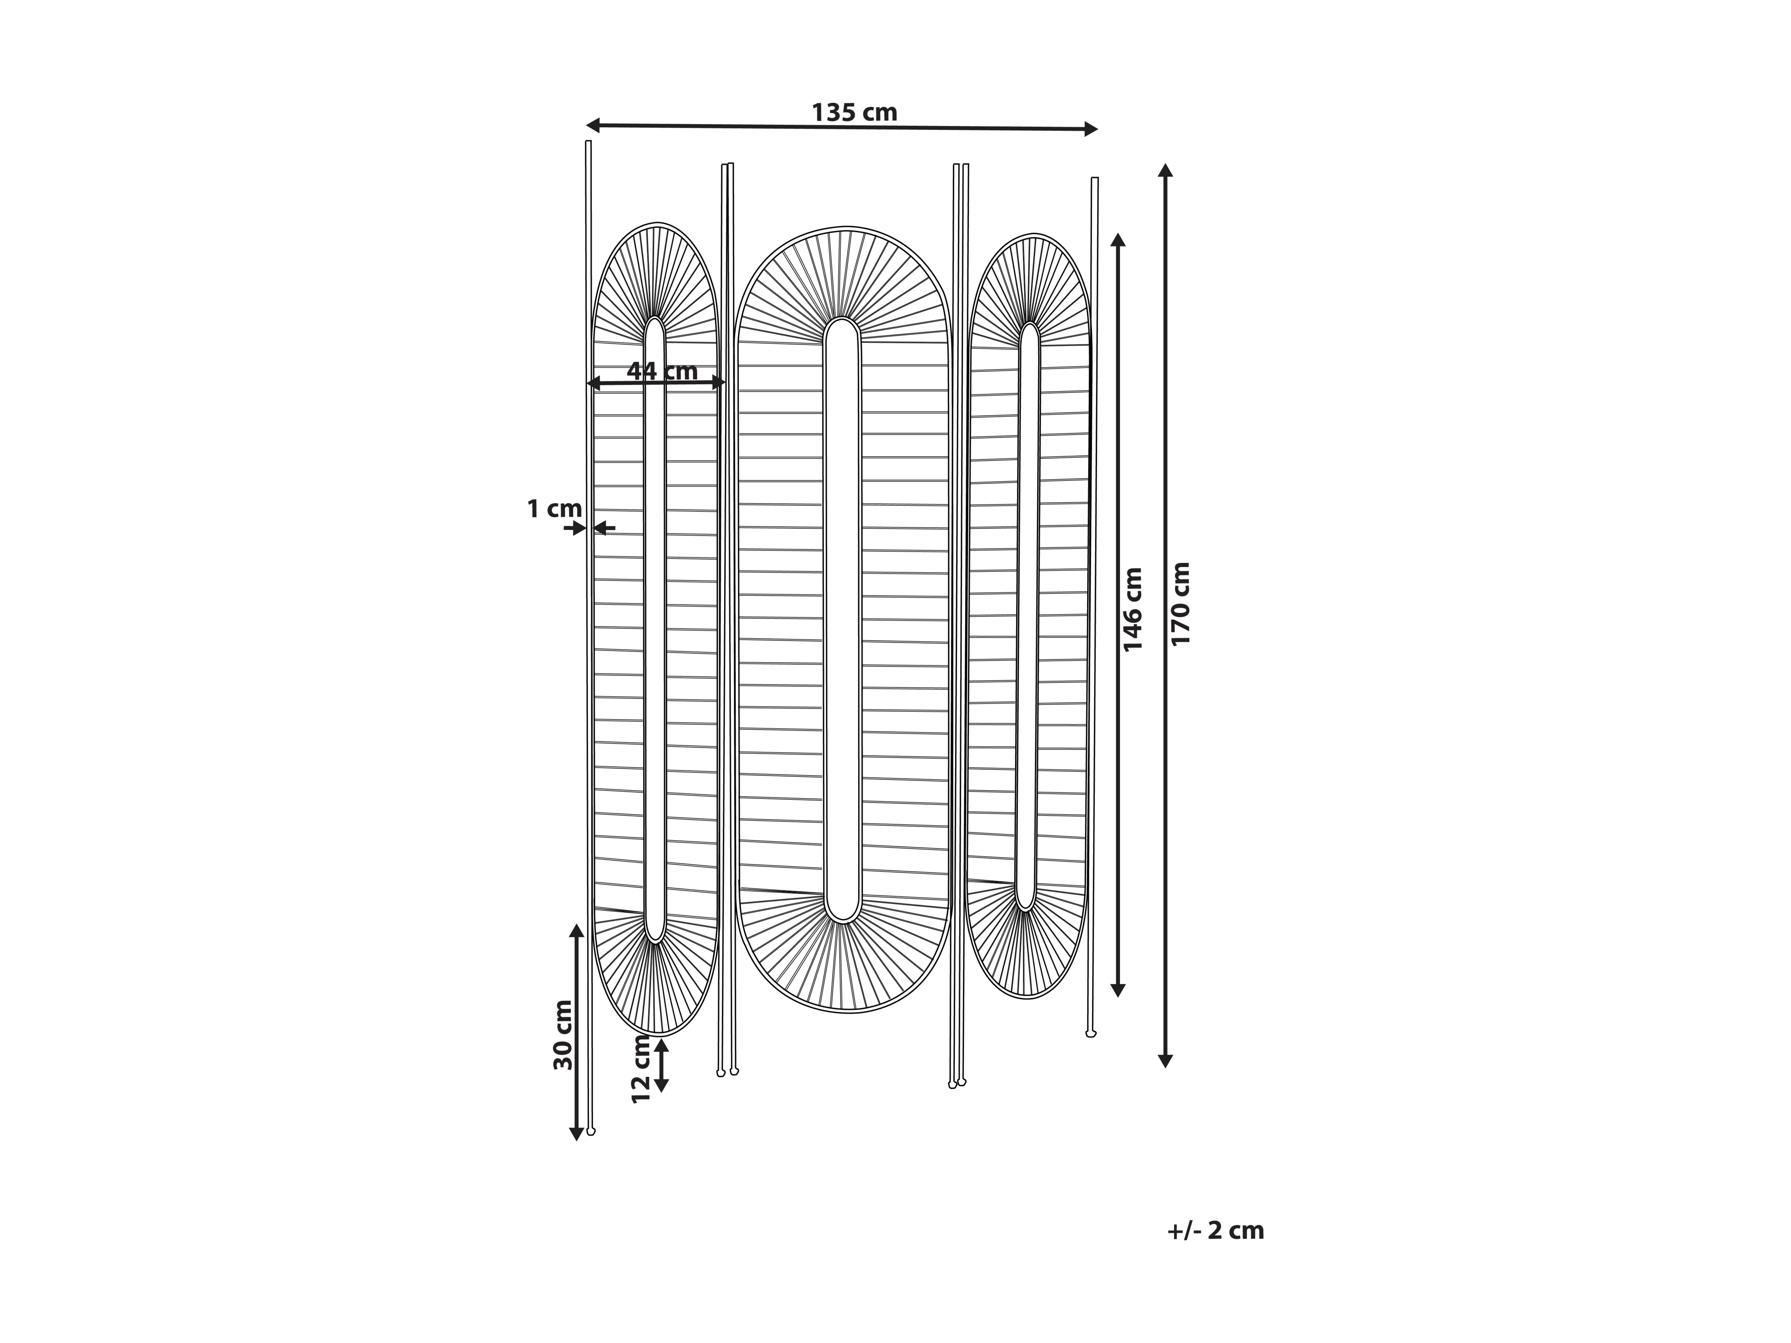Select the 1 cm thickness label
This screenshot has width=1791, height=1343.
click(554, 509)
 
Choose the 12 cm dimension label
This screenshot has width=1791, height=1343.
click(641, 1068)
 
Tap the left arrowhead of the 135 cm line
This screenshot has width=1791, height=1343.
click(593, 125)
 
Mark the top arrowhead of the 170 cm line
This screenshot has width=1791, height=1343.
click(1165, 170)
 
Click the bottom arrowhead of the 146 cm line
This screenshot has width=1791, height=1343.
click(1118, 989)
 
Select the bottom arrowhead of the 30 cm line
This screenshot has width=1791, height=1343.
click(577, 1133)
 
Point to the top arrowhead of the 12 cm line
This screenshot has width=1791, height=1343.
click(661, 1045)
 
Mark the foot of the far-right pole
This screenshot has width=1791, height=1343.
click(1090, 1033)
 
